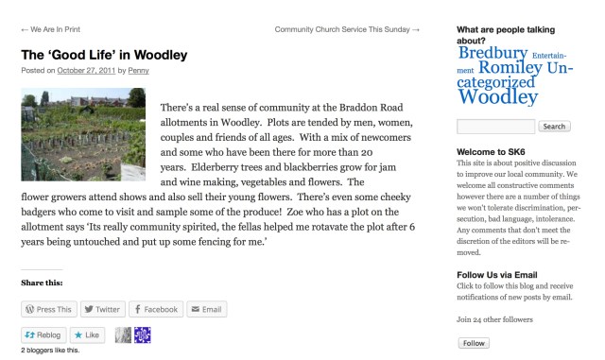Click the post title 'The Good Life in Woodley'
pos(104,55)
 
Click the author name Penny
pos(138,71)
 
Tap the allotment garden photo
pos(83,134)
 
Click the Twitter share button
pos(101,309)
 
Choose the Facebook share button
pos(154,309)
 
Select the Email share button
pos(205,309)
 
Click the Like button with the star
pos(85,334)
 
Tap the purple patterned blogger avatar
pos(143,334)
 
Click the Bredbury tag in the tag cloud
pos(493,54)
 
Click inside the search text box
pos(495,127)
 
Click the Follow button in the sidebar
pos(474,343)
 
